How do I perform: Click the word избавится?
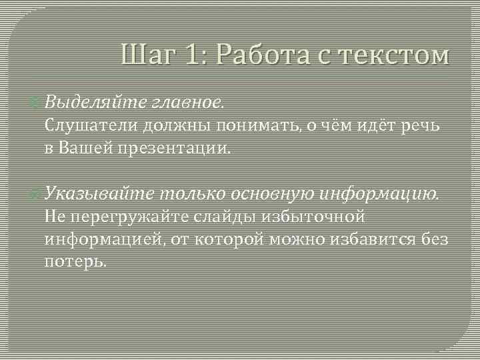[x=381, y=239]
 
